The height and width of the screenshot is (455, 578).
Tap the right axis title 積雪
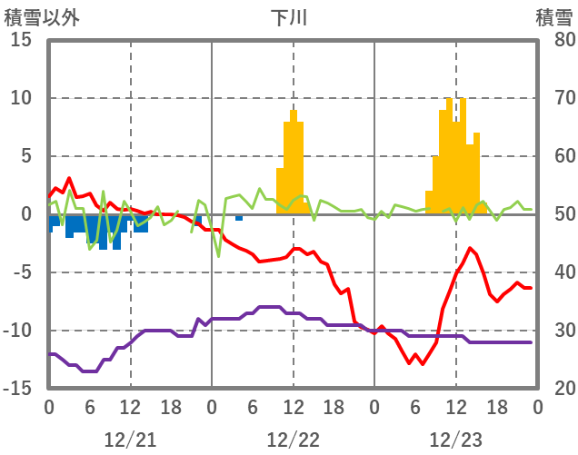point(553,17)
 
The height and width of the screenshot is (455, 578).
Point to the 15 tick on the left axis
point(22,40)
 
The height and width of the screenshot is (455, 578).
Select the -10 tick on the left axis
point(18,331)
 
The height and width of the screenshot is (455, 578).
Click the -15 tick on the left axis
point(18,389)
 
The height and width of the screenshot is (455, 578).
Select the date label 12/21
point(130,440)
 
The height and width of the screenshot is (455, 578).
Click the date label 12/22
point(293,440)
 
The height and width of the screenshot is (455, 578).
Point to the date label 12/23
point(455,440)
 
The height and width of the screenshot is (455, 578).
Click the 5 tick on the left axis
point(26,156)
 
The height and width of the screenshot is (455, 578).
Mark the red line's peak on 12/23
point(470,248)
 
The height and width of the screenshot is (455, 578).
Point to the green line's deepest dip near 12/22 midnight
point(218,256)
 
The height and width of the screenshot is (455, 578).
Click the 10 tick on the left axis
point(22,98)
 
